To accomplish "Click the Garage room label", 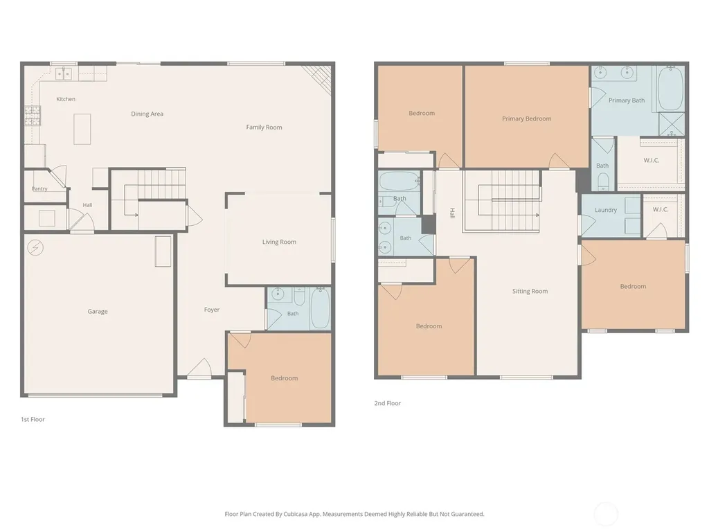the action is point(97,311).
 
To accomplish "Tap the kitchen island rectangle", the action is point(82,129).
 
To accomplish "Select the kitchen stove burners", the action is point(33,116).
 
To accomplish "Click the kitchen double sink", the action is point(63,73).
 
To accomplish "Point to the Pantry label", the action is point(39,188).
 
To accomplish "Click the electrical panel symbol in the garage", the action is point(35,247).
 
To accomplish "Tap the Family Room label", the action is point(264,127).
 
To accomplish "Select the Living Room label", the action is point(279,242).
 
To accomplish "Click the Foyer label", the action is point(212,310).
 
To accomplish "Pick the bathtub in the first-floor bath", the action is point(320,308).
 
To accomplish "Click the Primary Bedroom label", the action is point(527,118).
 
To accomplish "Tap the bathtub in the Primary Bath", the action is point(670,89).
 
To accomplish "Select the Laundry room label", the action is point(605,210).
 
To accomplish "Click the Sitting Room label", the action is point(530,291).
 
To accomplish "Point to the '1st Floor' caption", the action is point(33,419).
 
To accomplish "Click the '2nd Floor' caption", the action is point(388,403).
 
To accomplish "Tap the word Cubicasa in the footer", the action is point(295,514).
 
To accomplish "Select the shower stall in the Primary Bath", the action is point(672,124).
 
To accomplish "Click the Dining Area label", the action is point(147,114).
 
